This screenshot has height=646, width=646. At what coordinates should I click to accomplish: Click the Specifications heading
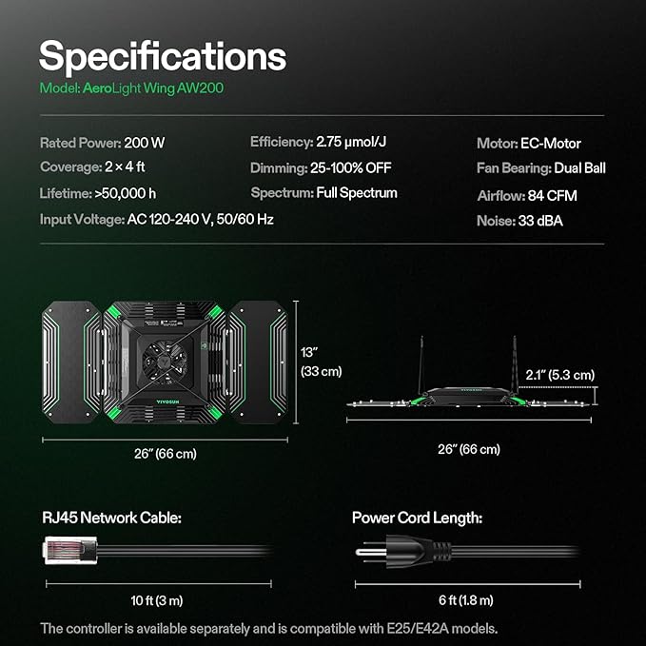(163, 58)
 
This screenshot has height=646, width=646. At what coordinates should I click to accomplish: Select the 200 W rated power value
(145, 143)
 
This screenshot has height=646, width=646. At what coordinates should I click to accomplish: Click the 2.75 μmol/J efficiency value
(351, 142)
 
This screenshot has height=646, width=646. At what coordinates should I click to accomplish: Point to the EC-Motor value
(551, 144)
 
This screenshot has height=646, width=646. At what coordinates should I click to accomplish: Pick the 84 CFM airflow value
(552, 196)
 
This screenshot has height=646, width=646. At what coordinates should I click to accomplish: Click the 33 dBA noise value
(540, 221)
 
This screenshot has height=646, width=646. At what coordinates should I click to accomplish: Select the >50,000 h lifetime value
(126, 193)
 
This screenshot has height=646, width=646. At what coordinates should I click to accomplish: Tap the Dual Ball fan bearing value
(579, 168)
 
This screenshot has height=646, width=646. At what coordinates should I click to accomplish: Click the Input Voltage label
(82, 220)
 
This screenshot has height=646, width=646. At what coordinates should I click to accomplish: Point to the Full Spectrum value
(357, 193)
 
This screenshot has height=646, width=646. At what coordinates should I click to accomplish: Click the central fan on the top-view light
(165, 362)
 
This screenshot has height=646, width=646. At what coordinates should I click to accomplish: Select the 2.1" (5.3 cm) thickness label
(559, 375)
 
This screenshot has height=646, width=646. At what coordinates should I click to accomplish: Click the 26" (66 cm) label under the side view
(469, 449)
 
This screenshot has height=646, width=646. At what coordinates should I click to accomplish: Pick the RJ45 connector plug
(70, 550)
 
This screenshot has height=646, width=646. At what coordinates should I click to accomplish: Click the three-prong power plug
(403, 551)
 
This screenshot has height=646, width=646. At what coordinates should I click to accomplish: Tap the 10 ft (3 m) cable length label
(157, 600)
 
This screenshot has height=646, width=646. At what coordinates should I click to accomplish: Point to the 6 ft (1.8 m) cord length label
(466, 600)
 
